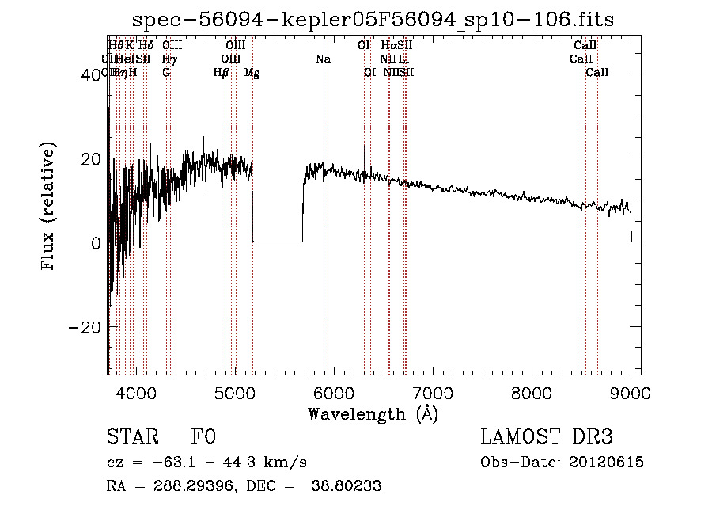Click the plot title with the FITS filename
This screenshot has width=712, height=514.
[372, 19]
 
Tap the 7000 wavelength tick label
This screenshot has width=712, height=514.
[433, 394]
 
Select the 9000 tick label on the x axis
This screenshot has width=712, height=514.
[631, 394]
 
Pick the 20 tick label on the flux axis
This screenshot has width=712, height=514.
[92, 158]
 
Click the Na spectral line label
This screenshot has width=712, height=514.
[323, 59]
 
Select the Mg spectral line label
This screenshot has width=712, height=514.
[252, 72]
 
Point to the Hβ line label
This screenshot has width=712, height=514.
[221, 72]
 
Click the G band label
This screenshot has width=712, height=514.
[166, 72]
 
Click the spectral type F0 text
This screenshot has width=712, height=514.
[203, 438]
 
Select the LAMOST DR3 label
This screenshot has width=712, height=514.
[547, 438]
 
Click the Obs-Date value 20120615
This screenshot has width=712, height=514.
[607, 463]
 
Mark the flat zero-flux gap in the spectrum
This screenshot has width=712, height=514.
[277, 241]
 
